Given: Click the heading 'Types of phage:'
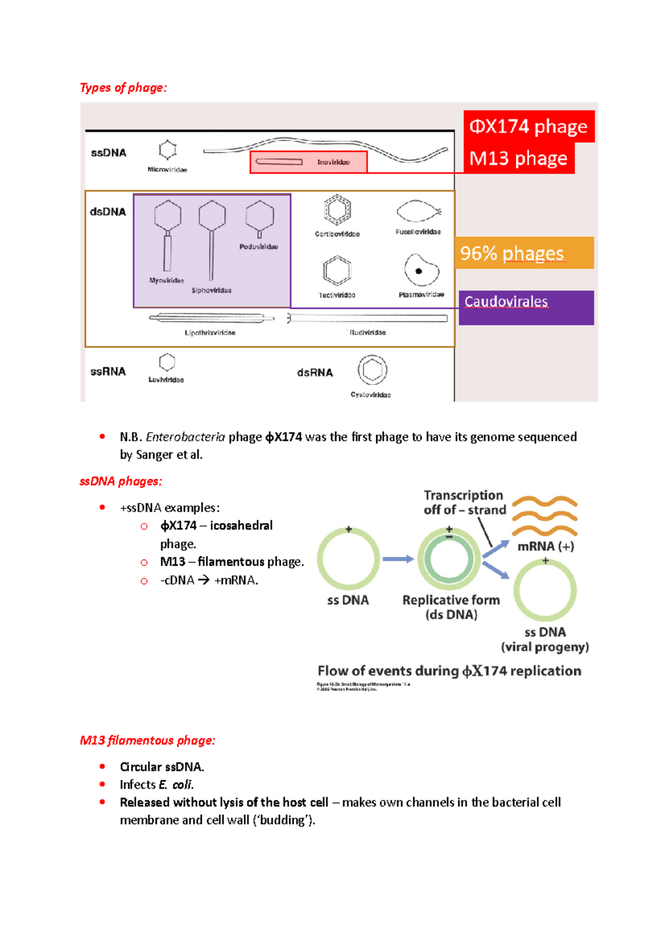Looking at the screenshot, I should click(x=123, y=88).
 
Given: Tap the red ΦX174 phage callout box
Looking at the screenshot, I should click(x=528, y=126).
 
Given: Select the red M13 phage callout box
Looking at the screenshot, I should click(x=518, y=158).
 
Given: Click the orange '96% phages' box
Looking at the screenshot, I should click(x=524, y=253).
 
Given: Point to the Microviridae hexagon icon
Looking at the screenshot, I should click(x=167, y=150).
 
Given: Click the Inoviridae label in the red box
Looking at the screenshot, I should click(x=333, y=162).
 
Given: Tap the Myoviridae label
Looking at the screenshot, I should click(x=166, y=280).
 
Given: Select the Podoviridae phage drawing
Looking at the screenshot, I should click(x=259, y=219).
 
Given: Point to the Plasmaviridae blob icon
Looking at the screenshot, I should click(x=421, y=270).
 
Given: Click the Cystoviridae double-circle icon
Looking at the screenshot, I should click(x=372, y=370).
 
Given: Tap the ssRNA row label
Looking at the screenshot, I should click(x=108, y=371).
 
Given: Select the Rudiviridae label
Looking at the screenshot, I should click(x=367, y=333).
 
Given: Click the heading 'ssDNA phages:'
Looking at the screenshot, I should click(x=121, y=481).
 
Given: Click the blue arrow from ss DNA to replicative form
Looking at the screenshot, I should click(x=398, y=559).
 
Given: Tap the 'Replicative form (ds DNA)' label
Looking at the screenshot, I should click(x=451, y=607).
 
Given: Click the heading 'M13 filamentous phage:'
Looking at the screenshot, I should click(x=147, y=740).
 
